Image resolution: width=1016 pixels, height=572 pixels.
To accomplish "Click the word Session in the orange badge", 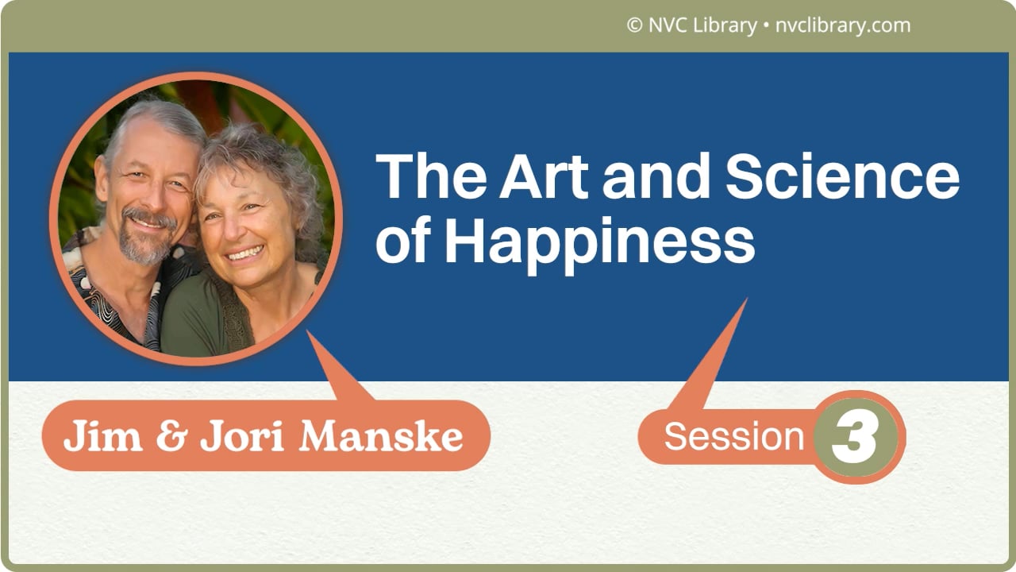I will point(733,437).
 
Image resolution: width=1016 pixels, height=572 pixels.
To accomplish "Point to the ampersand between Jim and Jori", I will point(167,437).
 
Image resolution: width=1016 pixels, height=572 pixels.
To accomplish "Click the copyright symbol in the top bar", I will point(634,25).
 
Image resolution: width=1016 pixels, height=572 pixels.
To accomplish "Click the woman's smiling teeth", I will point(245,253).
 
